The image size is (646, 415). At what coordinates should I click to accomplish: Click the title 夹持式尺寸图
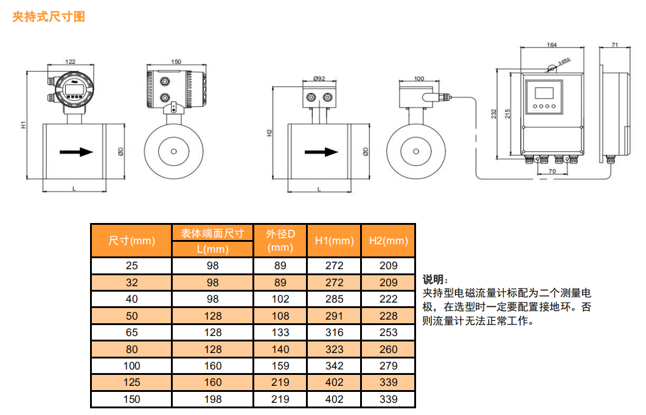pyautogui.click(x=49, y=17)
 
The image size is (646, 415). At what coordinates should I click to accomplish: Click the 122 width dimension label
pyautogui.click(x=71, y=61)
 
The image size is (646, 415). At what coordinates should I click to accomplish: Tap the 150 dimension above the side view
pyautogui.click(x=176, y=61)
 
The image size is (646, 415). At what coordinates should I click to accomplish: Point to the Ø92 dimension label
pyautogui.click(x=319, y=78)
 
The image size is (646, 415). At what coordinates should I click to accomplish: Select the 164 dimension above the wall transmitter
pyautogui.click(x=552, y=45)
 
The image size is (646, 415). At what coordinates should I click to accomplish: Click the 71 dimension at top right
pyautogui.click(x=615, y=45)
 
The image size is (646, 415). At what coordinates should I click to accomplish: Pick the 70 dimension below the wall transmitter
pyautogui.click(x=552, y=172)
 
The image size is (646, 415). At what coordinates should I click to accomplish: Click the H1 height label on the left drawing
pyautogui.click(x=23, y=125)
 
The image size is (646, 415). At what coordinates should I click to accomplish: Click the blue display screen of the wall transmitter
pyautogui.click(x=543, y=93)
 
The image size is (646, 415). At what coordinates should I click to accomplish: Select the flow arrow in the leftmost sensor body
pyautogui.click(x=77, y=151)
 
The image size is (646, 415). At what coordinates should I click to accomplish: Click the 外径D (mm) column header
pyautogui.click(x=280, y=241)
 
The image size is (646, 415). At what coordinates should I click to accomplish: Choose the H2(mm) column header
pyautogui.click(x=388, y=241)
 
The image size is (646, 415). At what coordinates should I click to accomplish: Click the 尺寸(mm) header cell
pyautogui.click(x=131, y=241)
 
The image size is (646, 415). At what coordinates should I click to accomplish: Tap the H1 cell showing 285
pyautogui.click(x=334, y=299)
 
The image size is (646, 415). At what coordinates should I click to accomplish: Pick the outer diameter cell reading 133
pyautogui.click(x=280, y=332)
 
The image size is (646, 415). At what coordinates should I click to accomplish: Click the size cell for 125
pyautogui.click(x=131, y=382)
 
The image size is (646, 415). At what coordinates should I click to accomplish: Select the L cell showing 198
pyautogui.click(x=213, y=399)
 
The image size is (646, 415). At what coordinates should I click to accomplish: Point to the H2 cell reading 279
pyautogui.click(x=388, y=366)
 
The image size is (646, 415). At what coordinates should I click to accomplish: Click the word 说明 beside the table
pyautogui.click(x=434, y=280)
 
